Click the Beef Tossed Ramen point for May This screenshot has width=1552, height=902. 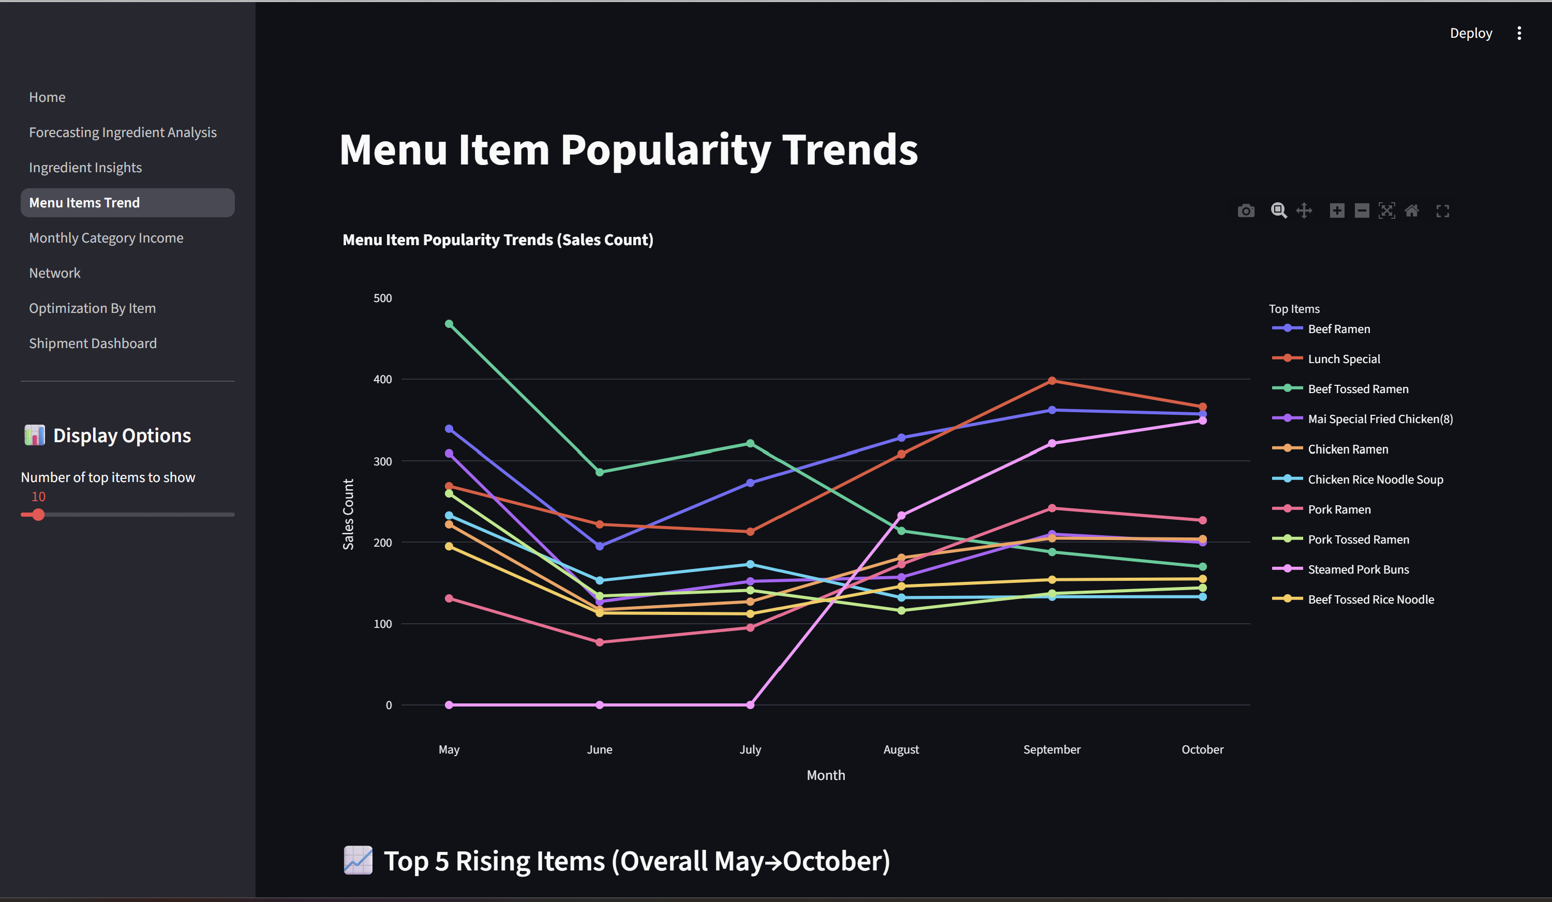[x=449, y=324]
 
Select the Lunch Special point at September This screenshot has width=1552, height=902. [x=1052, y=381]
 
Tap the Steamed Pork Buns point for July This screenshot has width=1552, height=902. [x=750, y=705]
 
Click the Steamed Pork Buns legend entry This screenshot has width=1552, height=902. [x=1358, y=569]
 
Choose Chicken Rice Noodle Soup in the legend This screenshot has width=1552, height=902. [x=1375, y=479]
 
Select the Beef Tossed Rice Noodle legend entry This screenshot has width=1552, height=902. [x=1370, y=599]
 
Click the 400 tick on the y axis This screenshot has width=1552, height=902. [x=382, y=379]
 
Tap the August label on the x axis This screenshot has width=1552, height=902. [x=901, y=749]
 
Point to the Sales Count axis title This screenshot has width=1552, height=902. [x=348, y=514]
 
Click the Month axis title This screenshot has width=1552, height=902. [x=826, y=775]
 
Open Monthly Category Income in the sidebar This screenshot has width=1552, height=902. [x=106, y=238]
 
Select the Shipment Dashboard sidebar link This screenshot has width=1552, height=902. [x=93, y=343]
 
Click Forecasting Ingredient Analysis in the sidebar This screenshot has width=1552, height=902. [x=123, y=132]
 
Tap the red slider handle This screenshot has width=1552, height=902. [x=38, y=515]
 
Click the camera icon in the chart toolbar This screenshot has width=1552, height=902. [x=1246, y=211]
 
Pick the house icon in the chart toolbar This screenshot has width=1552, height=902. [x=1412, y=211]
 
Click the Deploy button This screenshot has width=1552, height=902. [x=1471, y=33]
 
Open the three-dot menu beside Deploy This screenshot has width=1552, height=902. [x=1519, y=33]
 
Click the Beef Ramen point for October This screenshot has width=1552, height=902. [x=1203, y=414]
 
